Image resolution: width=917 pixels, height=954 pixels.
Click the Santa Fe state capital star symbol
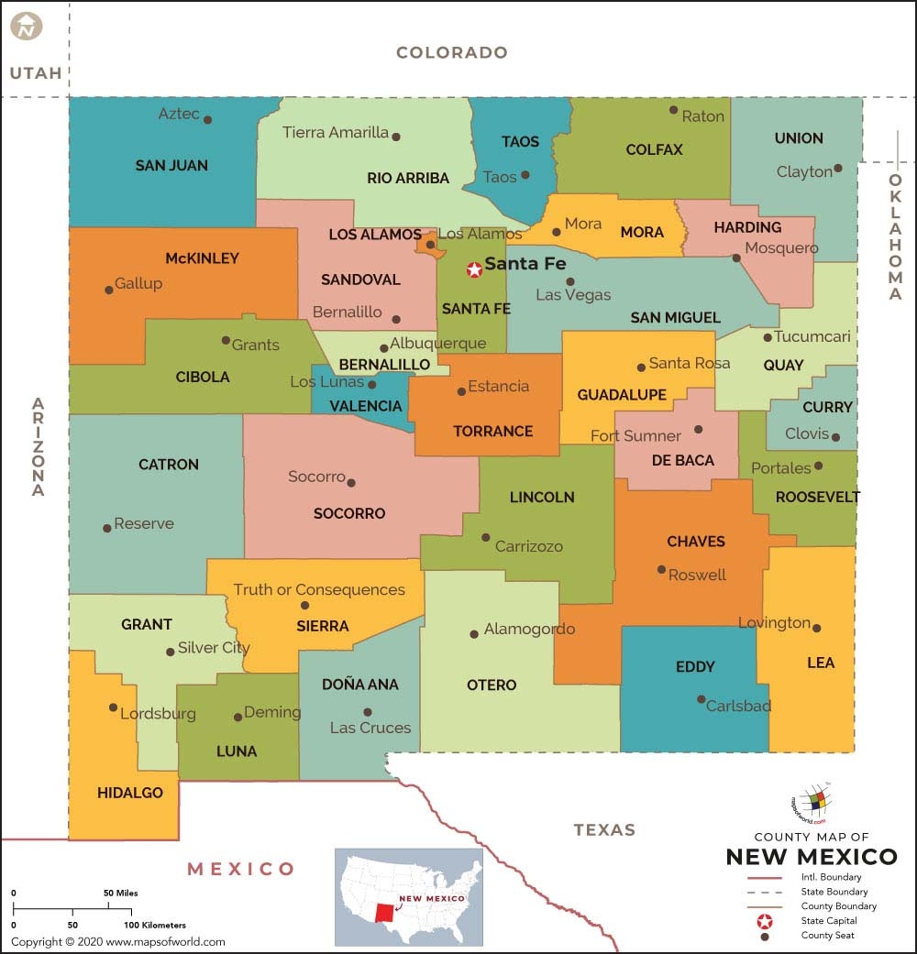(x=474, y=269)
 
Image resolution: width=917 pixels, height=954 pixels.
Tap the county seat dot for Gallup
(x=109, y=289)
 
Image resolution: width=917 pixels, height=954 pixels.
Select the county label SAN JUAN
(x=171, y=166)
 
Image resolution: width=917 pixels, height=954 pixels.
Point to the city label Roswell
(x=697, y=575)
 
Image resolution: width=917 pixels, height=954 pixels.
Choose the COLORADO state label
(x=451, y=52)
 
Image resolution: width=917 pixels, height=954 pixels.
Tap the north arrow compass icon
(x=27, y=26)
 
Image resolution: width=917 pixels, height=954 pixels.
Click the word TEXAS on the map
(x=604, y=829)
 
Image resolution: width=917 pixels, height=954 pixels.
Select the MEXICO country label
(x=241, y=868)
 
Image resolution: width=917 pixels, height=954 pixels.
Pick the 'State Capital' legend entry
(x=827, y=920)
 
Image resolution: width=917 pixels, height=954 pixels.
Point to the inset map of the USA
(x=410, y=895)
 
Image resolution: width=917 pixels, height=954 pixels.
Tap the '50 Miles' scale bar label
(x=120, y=893)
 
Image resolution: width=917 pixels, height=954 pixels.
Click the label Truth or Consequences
(x=318, y=589)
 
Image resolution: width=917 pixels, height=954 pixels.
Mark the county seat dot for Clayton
(x=838, y=170)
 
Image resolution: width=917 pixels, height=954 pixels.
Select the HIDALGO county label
(x=130, y=793)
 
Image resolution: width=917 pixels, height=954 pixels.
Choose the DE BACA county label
(x=682, y=460)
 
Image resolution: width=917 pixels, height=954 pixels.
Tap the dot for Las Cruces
(x=368, y=712)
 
